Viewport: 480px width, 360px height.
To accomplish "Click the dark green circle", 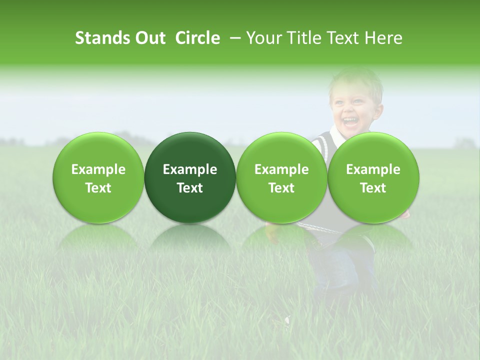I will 190,177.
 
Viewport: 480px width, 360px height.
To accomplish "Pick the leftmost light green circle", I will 98,177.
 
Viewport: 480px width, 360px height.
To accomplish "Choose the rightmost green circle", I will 373,177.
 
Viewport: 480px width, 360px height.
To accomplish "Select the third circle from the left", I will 281,177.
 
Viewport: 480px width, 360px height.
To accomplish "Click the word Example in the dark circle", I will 190,169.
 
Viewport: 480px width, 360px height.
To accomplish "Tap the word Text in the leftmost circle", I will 98,188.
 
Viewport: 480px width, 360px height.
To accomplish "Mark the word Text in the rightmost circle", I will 373,188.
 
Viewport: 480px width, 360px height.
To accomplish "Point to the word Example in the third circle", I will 281,169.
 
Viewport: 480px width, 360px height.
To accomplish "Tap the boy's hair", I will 356,79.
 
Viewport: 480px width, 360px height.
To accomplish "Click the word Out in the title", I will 150,38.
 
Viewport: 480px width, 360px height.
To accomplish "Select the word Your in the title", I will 263,38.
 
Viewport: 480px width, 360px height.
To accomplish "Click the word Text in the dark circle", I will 190,188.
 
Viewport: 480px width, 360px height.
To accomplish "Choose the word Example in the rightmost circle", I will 373,169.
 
